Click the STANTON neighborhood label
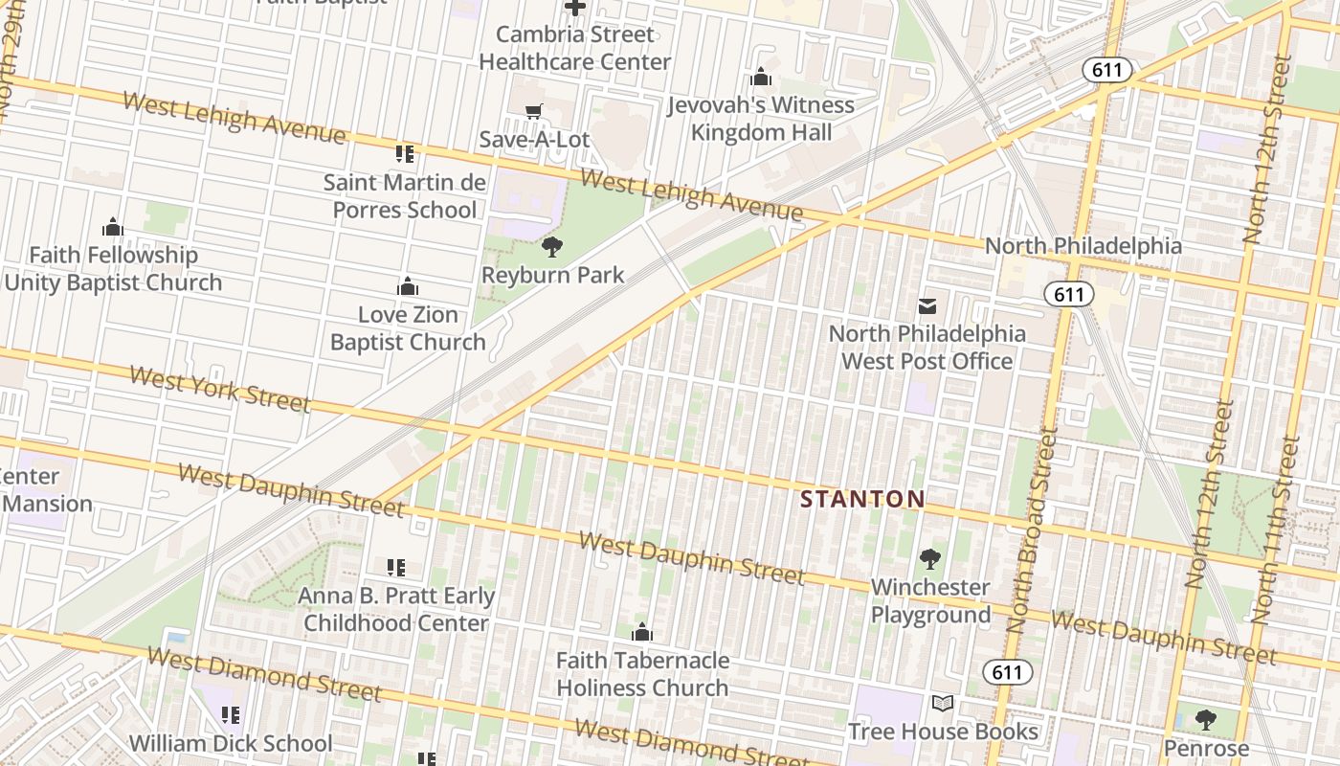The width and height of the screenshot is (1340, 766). [x=862, y=499]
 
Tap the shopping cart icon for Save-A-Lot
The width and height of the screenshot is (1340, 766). [x=534, y=112]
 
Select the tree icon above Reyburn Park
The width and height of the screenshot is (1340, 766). [x=551, y=248]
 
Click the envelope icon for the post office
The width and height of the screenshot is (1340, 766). [x=927, y=306]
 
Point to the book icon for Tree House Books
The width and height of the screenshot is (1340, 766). [x=943, y=704]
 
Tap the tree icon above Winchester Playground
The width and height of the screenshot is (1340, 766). [x=929, y=559]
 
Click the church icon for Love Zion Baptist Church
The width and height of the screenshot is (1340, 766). [x=408, y=287]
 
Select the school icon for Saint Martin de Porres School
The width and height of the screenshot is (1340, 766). [x=405, y=154]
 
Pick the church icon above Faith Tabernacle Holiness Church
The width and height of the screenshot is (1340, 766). [x=642, y=633]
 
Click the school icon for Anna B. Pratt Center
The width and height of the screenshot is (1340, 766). [x=395, y=569]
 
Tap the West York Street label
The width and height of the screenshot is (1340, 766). [x=219, y=389]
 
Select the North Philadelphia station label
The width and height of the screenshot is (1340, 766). [x=1083, y=246]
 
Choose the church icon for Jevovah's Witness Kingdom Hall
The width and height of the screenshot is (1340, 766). [x=761, y=77]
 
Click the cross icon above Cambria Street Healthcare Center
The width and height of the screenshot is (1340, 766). [x=574, y=9]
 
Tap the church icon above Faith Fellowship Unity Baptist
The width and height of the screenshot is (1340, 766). [x=113, y=228]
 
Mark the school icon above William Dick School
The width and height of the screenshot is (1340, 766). [x=230, y=715]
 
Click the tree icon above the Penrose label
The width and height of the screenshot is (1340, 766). [x=1206, y=720]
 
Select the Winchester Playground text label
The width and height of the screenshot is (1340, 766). [x=930, y=601]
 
